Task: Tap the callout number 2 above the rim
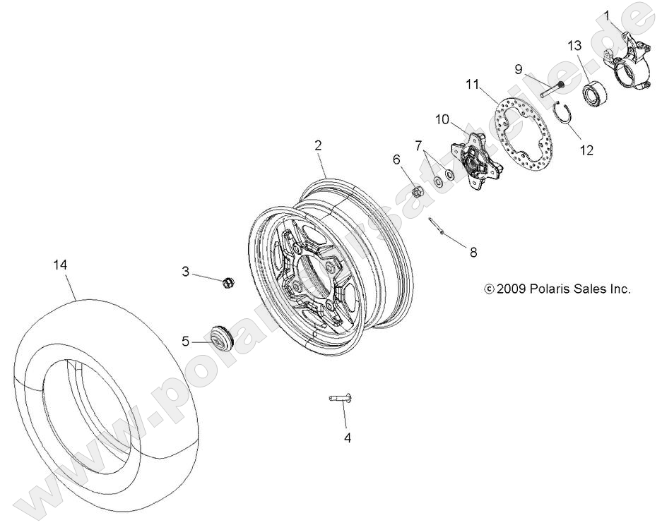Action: pyautogui.click(x=318, y=145)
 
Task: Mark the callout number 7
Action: pyautogui.click(x=419, y=146)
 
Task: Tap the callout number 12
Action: pyautogui.click(x=586, y=150)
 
